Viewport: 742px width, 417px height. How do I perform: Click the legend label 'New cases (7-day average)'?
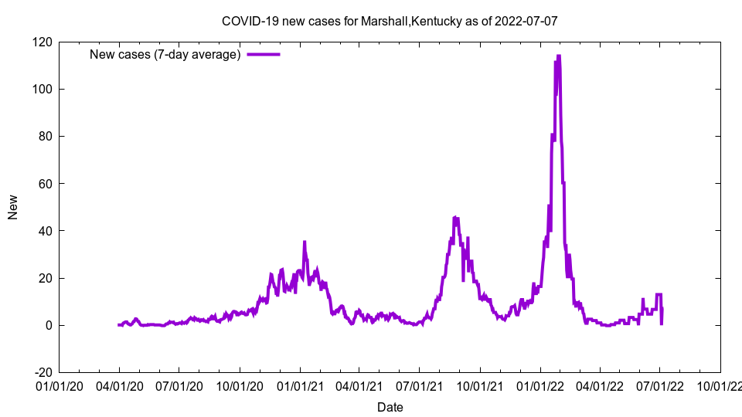tap(165, 54)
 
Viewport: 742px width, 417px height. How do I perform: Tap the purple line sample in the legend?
tap(263, 54)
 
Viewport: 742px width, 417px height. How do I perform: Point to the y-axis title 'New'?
tap(13, 207)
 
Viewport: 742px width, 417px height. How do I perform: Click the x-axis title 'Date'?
tap(390, 407)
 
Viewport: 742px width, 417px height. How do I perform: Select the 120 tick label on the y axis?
tap(43, 42)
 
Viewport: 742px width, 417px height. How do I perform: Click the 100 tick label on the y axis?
tap(43, 90)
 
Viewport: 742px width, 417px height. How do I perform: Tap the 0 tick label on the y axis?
tap(49, 325)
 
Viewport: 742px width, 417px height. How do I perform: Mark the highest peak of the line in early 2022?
tap(558, 56)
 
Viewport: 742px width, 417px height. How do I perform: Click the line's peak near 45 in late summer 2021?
tap(455, 218)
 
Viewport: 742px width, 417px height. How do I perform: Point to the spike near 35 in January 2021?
tap(305, 242)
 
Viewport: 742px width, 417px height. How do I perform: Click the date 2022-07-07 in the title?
tap(529, 21)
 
